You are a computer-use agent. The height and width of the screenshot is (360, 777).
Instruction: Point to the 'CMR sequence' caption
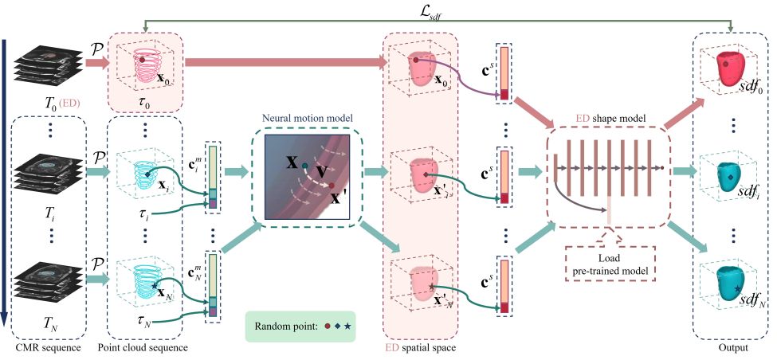click(x=47, y=348)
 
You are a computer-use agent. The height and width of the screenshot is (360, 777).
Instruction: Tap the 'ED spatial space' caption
click(x=420, y=348)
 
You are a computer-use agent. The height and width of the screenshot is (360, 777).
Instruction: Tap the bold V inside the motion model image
click(x=320, y=172)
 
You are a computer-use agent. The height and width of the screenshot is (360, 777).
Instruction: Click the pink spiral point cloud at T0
click(x=147, y=66)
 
